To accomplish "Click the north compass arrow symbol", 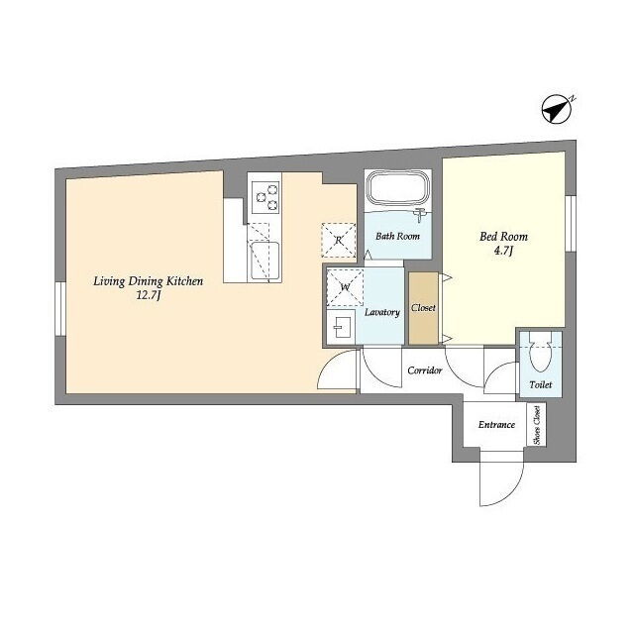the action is coord(557,109).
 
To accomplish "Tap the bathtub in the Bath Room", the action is coord(398,190).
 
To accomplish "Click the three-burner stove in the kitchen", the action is coord(264,197).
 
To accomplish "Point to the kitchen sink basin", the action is coord(264,261).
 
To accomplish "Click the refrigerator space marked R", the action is coord(339,240).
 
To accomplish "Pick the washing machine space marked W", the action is coord(345,287).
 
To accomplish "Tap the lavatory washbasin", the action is coord(341,327).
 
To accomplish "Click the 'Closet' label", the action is coord(423,308).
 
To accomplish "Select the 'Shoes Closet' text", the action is coord(537,425).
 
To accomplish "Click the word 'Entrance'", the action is coord(496,425).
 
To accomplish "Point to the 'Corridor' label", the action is coord(425,370).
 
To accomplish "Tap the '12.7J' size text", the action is coord(149,295).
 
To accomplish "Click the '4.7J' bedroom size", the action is coord(503,251).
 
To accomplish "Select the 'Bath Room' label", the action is coord(397,236).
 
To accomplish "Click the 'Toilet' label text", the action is coord(541,384).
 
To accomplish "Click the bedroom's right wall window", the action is coord(571,223).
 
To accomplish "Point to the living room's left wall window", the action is coord(60,308).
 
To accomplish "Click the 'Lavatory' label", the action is coord(382,312).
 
